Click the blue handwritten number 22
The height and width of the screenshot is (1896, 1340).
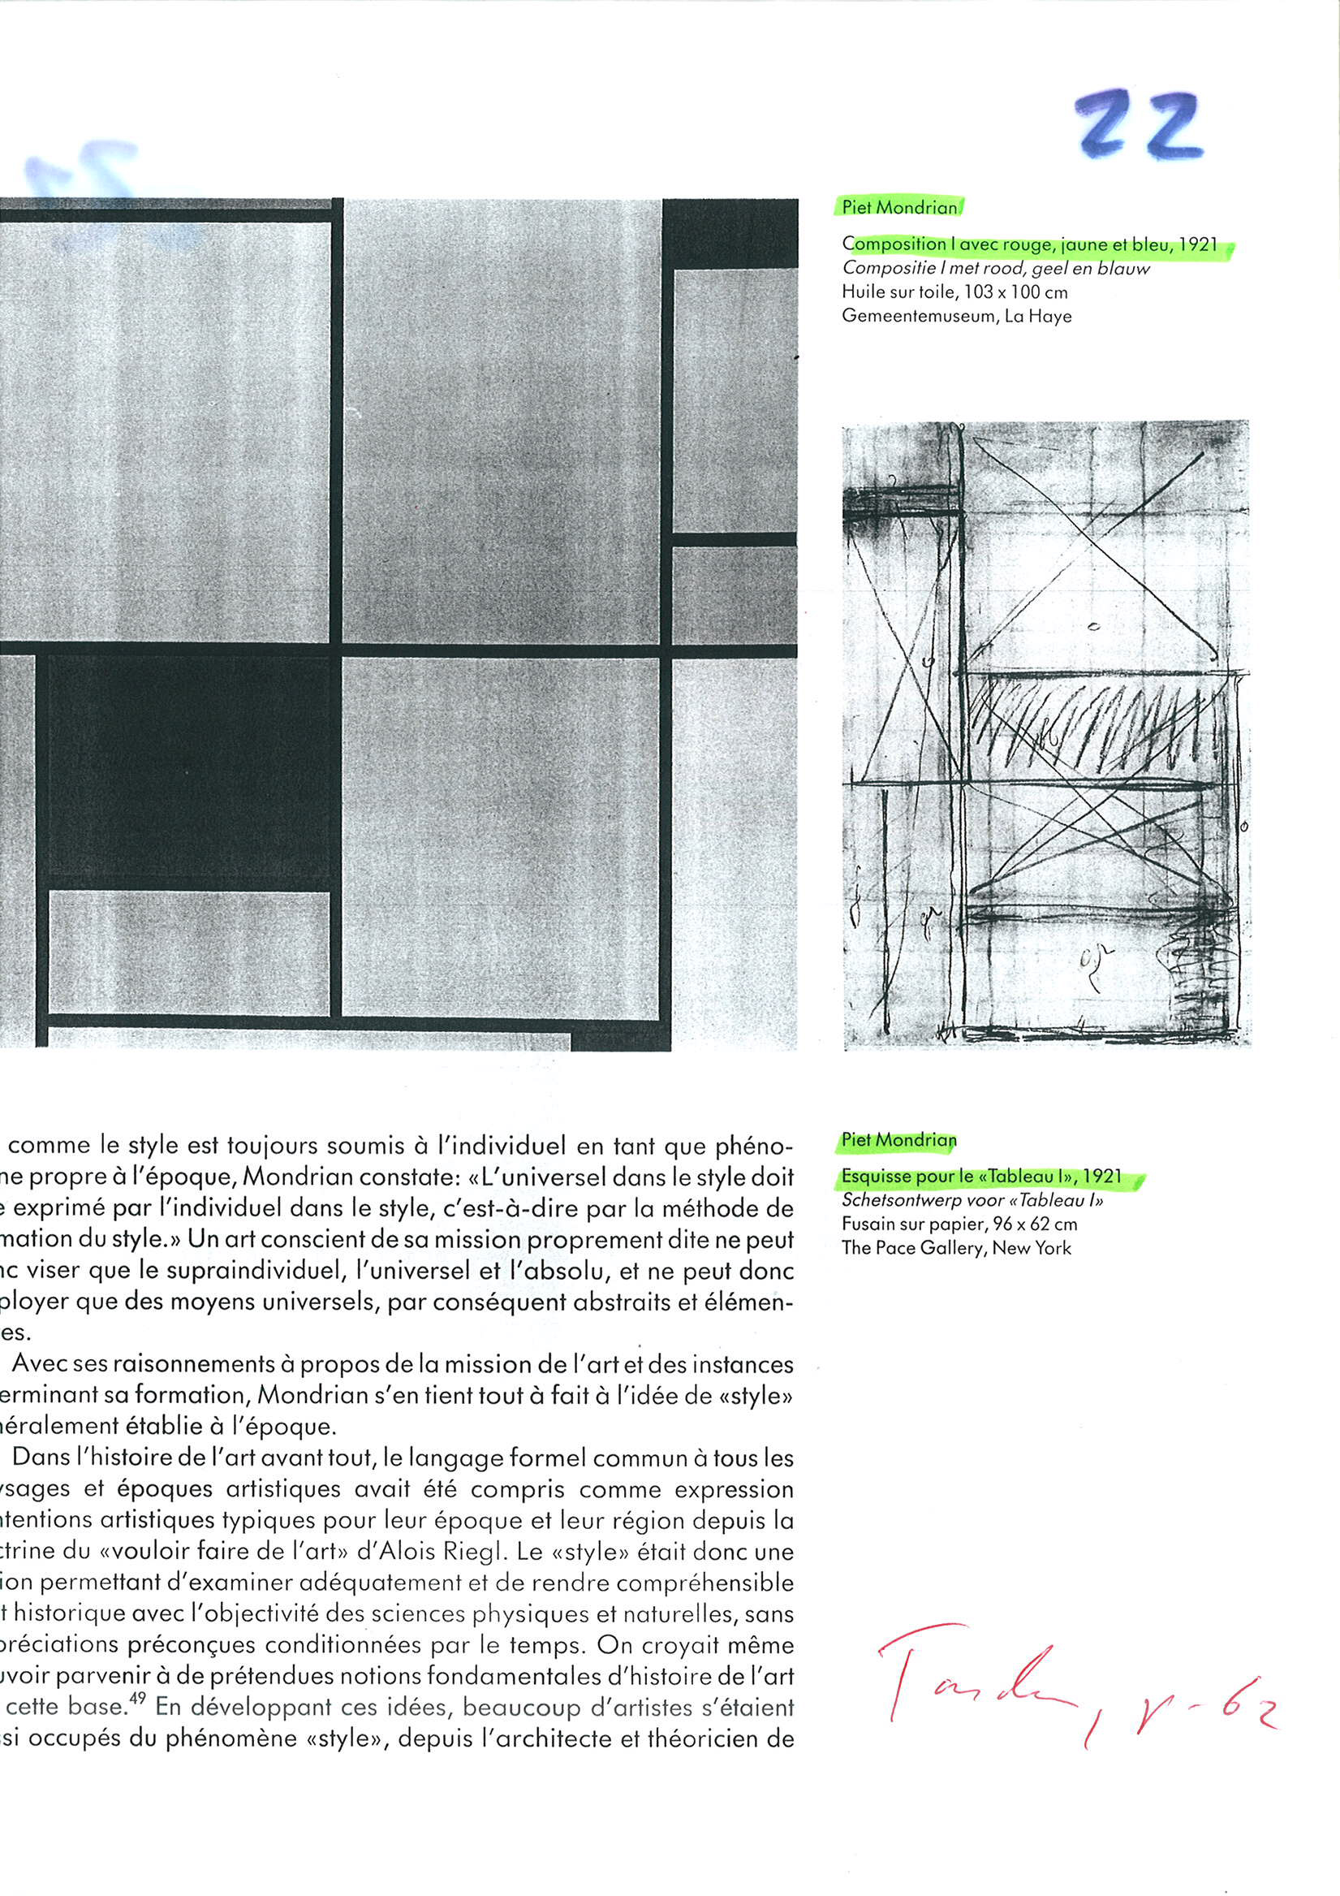1140,125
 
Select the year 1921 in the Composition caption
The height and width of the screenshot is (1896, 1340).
1197,244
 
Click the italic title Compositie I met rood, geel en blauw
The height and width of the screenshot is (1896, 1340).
995,269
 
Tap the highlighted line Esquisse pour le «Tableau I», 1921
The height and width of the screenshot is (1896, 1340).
980,1176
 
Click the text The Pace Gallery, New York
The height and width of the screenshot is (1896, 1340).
956,1248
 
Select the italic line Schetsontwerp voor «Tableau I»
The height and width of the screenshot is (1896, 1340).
972,1200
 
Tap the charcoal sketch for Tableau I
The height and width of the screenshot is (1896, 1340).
1046,735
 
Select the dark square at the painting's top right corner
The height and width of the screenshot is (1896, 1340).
730,233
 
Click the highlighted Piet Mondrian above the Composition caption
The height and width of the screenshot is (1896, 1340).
899,207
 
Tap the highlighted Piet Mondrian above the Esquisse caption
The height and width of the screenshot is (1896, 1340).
898,1140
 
